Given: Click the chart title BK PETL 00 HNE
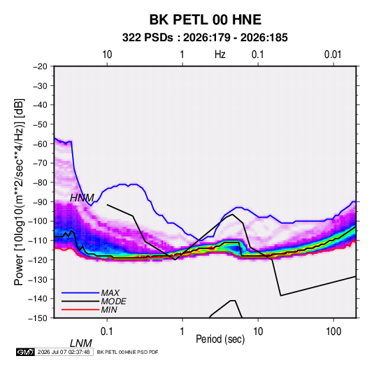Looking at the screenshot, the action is click(205, 20).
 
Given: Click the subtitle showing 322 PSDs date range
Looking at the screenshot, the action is click(205, 38).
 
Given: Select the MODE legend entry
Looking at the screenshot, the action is click(94, 301).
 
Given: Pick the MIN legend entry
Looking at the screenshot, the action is click(89, 310).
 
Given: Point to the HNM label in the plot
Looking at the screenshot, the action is click(82, 198).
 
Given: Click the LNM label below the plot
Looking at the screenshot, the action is click(81, 343).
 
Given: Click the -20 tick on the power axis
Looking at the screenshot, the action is click(40, 66).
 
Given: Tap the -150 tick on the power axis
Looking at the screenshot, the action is click(38, 318).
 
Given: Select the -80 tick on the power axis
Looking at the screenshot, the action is click(40, 183).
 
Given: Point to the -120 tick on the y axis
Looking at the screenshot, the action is click(38, 259).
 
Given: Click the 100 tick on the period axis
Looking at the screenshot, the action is click(333, 332).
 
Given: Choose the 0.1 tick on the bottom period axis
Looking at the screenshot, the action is click(106, 332).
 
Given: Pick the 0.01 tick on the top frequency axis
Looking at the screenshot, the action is click(333, 55).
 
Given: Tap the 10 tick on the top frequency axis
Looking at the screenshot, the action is click(107, 55).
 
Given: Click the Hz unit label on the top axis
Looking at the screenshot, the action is click(220, 55).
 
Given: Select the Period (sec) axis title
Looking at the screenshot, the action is click(220, 339).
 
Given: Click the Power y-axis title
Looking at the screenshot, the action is click(19, 192).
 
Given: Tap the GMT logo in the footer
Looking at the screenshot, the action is click(26, 352).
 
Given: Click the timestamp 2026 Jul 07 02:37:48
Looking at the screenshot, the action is click(64, 352).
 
